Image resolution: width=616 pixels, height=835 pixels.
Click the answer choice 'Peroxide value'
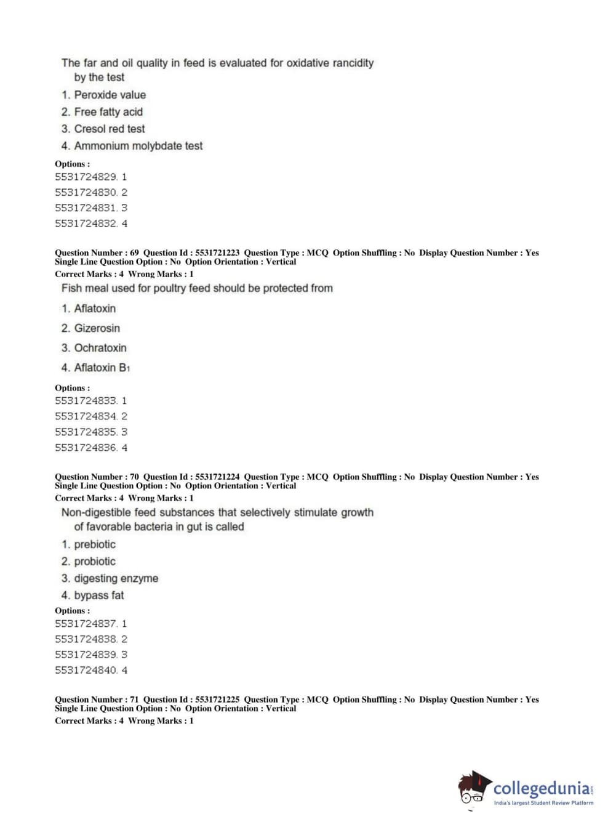pyautogui.click(x=110, y=95)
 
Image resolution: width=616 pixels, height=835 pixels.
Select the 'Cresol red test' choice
pyautogui.click(x=110, y=129)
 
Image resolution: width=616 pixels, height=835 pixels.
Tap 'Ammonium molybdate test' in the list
pyautogui.click(x=138, y=146)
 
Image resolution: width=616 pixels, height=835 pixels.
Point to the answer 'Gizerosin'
pyautogui.click(x=97, y=328)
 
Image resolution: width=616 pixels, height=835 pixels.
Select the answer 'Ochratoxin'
pyautogui.click(x=100, y=348)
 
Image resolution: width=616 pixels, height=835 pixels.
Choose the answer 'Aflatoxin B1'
pyautogui.click(x=102, y=368)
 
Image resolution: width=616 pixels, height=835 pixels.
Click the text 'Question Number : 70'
pyautogui.click(x=97, y=477)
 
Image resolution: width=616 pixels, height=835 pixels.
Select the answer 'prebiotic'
pyautogui.click(x=94, y=544)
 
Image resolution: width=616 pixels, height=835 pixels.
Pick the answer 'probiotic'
pyautogui.click(x=94, y=562)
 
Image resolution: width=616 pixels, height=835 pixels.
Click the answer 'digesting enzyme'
pyautogui.click(x=116, y=578)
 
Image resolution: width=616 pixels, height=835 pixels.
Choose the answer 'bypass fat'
pyautogui.click(x=98, y=595)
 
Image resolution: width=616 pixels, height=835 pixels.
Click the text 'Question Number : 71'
pyautogui.click(x=97, y=700)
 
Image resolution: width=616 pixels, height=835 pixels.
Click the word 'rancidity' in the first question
pyautogui.click(x=352, y=63)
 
